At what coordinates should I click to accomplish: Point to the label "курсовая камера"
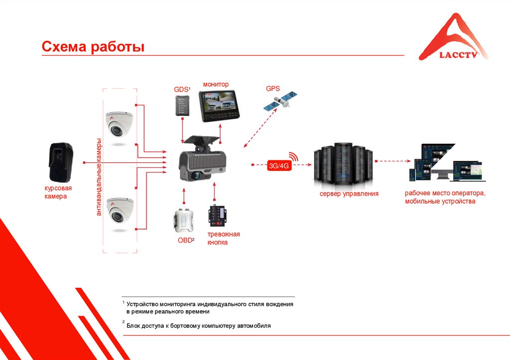[x=55, y=193]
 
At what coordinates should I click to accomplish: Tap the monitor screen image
[x=219, y=106]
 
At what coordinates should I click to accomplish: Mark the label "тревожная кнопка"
[x=224, y=238]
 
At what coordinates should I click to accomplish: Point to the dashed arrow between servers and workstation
[x=394, y=161]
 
